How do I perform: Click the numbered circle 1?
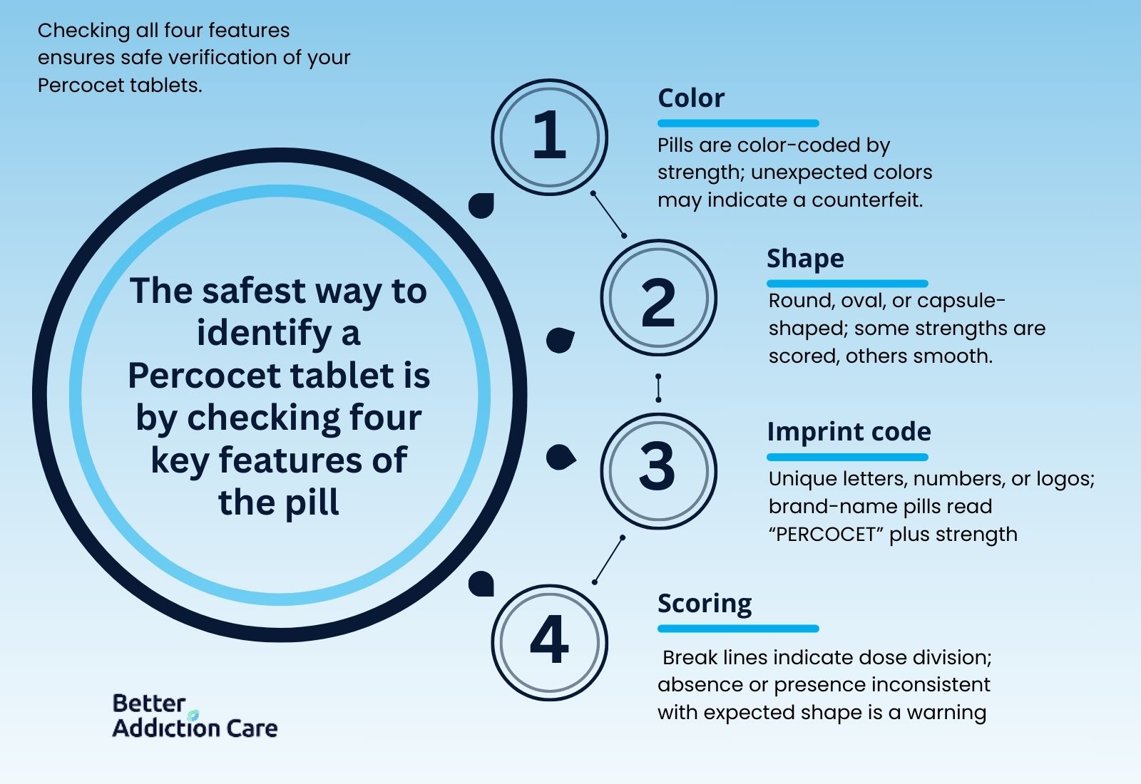coord(549,137)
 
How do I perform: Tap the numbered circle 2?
coord(659,298)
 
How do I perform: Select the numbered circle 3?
coord(659,471)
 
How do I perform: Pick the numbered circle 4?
coord(549,642)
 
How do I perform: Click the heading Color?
coord(691,98)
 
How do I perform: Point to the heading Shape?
coord(805,259)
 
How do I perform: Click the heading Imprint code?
coord(849,432)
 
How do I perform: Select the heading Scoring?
coord(705,604)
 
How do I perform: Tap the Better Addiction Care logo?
coord(195,716)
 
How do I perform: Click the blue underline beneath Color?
coord(738,123)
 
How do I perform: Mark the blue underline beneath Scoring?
coord(738,629)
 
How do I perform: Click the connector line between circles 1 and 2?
coord(608,215)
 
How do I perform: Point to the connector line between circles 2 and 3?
coord(658,388)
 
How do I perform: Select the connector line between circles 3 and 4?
coord(608,560)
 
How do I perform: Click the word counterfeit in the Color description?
coord(867,200)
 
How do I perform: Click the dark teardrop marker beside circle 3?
coord(561,457)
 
